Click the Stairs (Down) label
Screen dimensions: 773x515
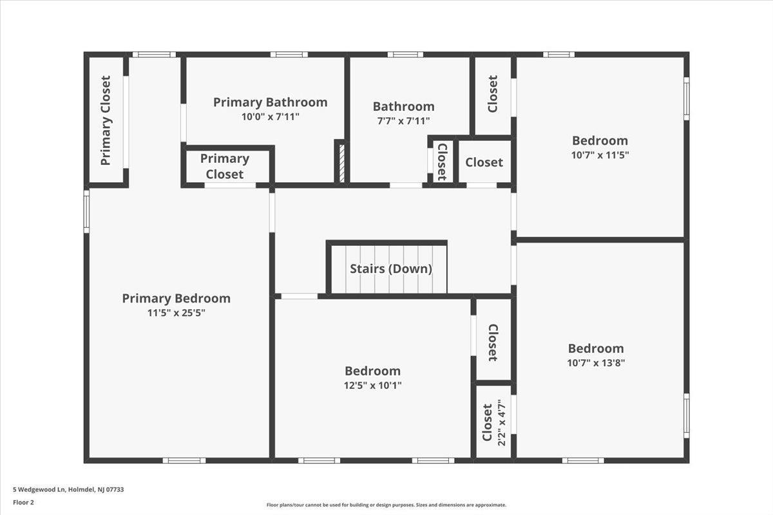tap(391, 268)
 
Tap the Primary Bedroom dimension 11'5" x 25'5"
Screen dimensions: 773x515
tap(177, 313)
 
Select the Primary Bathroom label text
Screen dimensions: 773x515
tap(270, 102)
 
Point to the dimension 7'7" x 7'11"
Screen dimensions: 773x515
tap(403, 121)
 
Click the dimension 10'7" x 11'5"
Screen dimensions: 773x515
tap(600, 155)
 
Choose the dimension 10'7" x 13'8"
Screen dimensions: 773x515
tap(596, 363)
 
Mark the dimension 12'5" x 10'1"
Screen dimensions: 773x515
tap(373, 386)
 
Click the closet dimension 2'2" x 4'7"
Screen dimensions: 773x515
tap(502, 422)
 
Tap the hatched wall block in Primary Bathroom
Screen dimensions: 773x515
tap(341, 163)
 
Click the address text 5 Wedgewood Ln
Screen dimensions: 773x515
tap(39, 489)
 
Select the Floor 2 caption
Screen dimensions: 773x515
tap(23, 503)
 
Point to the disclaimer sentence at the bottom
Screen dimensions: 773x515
tap(386, 505)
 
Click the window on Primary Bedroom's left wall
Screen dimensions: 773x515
tap(86, 211)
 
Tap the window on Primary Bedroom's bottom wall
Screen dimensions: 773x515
tap(184, 460)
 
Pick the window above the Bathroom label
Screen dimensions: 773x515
tap(405, 55)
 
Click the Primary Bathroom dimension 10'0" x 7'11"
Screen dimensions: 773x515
tap(270, 117)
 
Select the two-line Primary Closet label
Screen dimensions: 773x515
tap(225, 166)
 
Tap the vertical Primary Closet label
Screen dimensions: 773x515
tap(106, 121)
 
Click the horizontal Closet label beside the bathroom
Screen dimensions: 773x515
tap(484, 162)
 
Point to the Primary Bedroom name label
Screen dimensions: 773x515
tap(177, 298)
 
